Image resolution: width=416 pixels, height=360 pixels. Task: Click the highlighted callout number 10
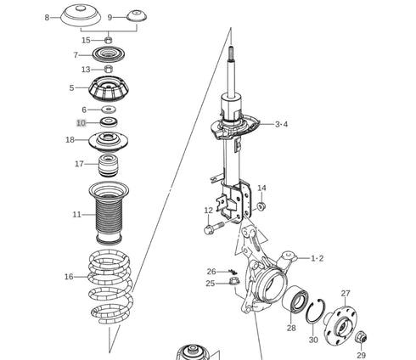click(x=81, y=123)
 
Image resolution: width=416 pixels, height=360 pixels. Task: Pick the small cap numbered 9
click(x=137, y=16)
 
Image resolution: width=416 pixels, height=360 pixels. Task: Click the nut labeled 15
click(x=109, y=40)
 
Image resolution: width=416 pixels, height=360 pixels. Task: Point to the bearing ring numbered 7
click(x=109, y=54)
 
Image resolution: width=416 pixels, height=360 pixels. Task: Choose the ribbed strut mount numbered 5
click(x=109, y=89)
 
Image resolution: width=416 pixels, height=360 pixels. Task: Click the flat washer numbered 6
click(x=109, y=109)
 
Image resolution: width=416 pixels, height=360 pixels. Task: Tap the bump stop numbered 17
click(x=109, y=166)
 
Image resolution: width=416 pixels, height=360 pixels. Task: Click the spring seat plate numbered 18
click(x=109, y=142)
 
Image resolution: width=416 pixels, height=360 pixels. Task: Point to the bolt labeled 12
click(x=214, y=228)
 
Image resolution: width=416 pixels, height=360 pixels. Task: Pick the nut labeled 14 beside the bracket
click(x=261, y=206)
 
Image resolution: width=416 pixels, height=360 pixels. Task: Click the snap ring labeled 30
click(x=315, y=311)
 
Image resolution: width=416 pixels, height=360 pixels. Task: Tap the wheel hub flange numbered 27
click(x=340, y=325)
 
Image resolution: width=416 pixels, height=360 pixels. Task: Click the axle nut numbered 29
click(x=362, y=337)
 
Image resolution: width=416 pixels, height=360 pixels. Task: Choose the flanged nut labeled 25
click(x=234, y=281)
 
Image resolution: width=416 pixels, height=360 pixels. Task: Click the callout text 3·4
click(x=281, y=124)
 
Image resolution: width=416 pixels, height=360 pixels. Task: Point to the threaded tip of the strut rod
click(x=231, y=51)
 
